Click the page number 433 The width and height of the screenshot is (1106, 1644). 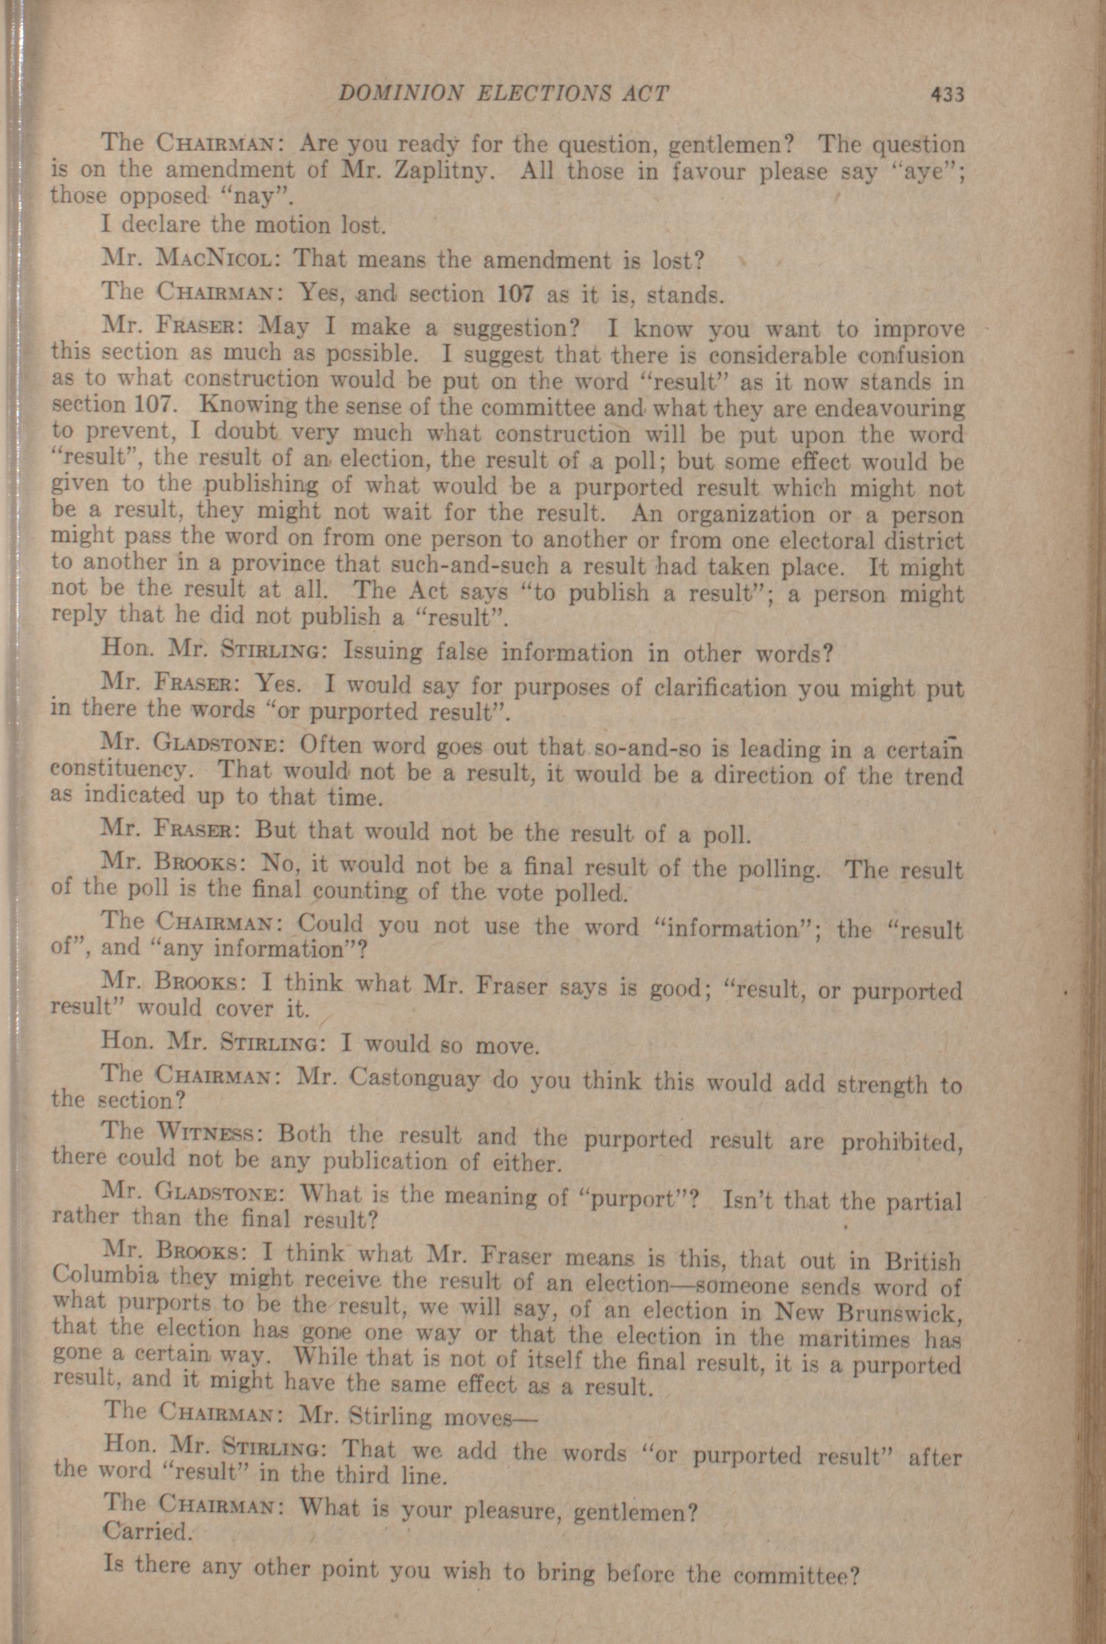point(947,94)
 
